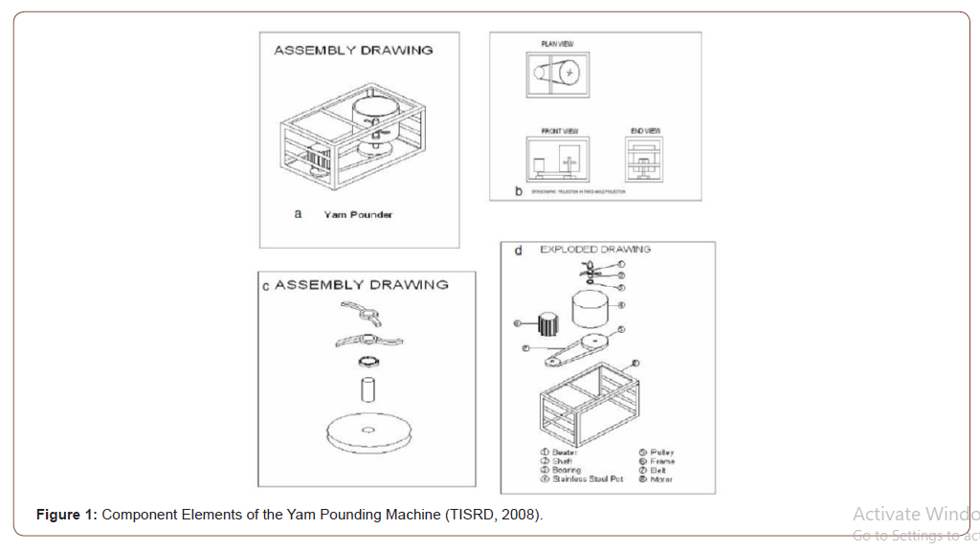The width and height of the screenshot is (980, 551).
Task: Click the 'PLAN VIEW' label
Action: pos(557,43)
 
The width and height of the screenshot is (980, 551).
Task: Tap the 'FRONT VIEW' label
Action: pos(559,131)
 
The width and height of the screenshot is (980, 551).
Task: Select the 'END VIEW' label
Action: pos(645,131)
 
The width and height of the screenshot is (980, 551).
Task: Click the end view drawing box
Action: pos(645,159)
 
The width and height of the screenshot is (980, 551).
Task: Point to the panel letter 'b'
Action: pos(519,191)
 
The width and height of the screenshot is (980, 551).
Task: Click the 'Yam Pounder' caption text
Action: pos(358,214)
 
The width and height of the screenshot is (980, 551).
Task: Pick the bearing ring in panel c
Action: pos(368,363)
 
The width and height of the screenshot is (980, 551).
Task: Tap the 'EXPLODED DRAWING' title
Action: pos(594,250)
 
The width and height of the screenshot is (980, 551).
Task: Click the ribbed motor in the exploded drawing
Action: pos(547,324)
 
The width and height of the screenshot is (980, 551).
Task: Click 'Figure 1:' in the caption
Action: pos(66,515)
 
